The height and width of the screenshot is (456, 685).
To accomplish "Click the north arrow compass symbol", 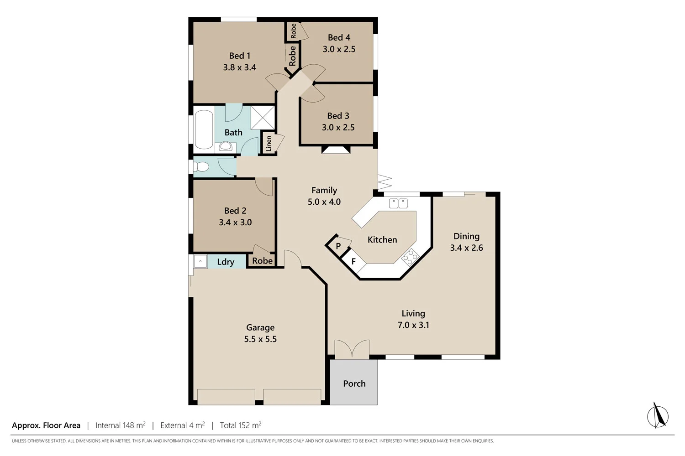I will [x=658, y=415].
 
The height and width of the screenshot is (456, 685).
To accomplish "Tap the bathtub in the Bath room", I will [x=204, y=130].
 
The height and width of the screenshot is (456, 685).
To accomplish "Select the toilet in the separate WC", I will [x=201, y=167].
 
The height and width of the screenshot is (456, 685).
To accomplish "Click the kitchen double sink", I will [x=398, y=203].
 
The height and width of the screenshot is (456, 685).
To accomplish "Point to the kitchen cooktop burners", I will [x=410, y=257].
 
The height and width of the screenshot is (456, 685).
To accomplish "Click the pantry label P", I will [x=338, y=246].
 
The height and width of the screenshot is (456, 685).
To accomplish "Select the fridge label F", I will [x=353, y=262].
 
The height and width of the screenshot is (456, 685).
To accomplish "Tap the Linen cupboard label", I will [x=269, y=143].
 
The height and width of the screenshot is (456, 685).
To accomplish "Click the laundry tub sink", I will [x=200, y=262].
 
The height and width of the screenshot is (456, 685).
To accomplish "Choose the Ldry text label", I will [x=226, y=262].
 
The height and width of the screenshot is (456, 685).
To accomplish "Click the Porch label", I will [x=354, y=383].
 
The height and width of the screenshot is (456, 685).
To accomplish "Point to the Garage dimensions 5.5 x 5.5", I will [x=260, y=339].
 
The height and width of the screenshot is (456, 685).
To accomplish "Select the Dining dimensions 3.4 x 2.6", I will [x=466, y=248].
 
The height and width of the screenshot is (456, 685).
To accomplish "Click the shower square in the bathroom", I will [x=263, y=118].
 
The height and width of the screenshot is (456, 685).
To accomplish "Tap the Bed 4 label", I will [x=339, y=37].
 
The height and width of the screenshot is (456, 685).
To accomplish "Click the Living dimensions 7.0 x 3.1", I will [x=413, y=325].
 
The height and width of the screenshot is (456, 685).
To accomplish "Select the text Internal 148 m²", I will [x=120, y=425].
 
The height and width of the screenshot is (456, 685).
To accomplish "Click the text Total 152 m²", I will [x=240, y=425].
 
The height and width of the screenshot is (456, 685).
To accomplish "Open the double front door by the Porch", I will [x=352, y=349].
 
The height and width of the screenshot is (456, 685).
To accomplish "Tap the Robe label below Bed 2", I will [x=262, y=261].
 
